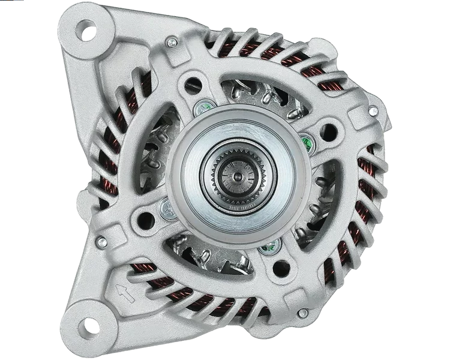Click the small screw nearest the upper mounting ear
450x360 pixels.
coord(172,42)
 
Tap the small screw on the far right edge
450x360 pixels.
coord(373,112)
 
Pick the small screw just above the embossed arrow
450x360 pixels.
coord(102,242)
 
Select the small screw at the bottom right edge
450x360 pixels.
coord(303,313)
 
